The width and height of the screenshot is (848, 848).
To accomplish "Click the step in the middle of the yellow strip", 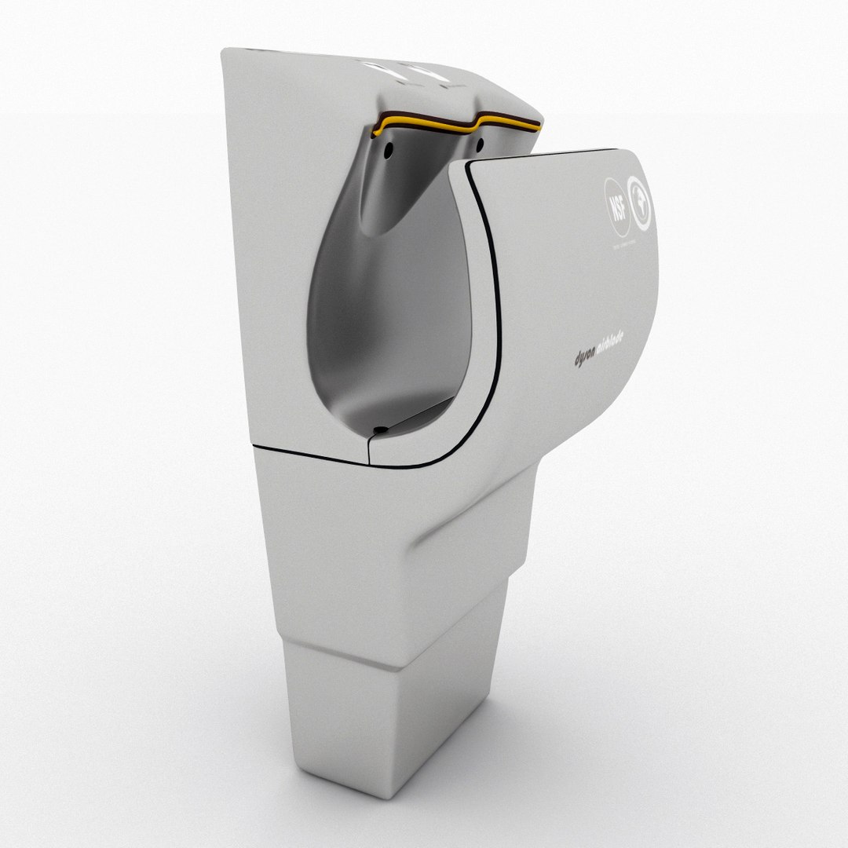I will coord(473,120).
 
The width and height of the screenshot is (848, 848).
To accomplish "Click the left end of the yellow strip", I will coord(374,127).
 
